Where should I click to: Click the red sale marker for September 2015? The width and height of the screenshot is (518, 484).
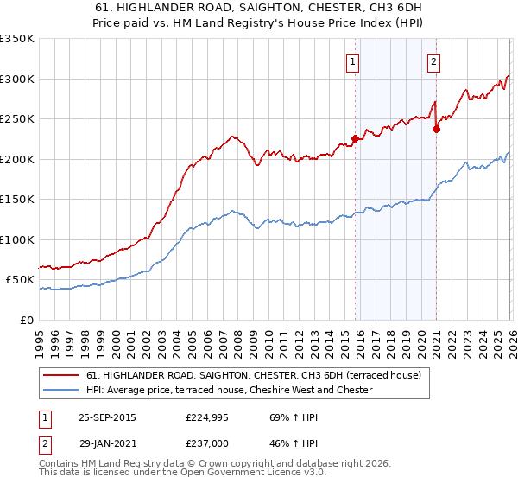click(x=355, y=138)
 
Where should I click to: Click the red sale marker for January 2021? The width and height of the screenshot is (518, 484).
click(x=436, y=130)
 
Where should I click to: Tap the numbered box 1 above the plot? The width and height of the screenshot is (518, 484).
click(x=354, y=61)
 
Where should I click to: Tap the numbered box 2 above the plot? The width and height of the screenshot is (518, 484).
click(x=433, y=61)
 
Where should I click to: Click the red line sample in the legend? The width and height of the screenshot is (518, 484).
click(x=61, y=375)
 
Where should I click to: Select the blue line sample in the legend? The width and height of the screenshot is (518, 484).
click(x=61, y=390)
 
